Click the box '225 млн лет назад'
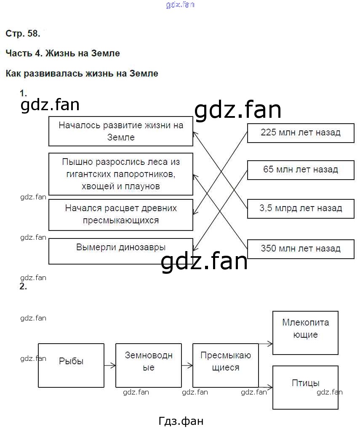(x=300, y=133)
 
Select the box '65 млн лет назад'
(x=300, y=170)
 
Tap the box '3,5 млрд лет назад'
(x=300, y=208)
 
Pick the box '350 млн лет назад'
(x=300, y=249)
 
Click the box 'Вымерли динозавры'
(x=121, y=251)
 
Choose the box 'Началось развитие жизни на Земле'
(x=121, y=131)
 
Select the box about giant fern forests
(x=121, y=174)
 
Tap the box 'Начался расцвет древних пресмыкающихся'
(x=121, y=214)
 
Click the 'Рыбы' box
(x=71, y=365)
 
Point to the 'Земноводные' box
(x=149, y=365)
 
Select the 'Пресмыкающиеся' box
(x=226, y=365)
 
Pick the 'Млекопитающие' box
(x=306, y=333)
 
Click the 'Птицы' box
(x=306, y=387)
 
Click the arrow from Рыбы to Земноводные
(x=110, y=365)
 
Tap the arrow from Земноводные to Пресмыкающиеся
(x=187, y=365)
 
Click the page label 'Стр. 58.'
(x=23, y=34)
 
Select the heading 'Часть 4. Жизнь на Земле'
(x=63, y=53)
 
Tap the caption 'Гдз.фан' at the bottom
(x=181, y=421)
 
